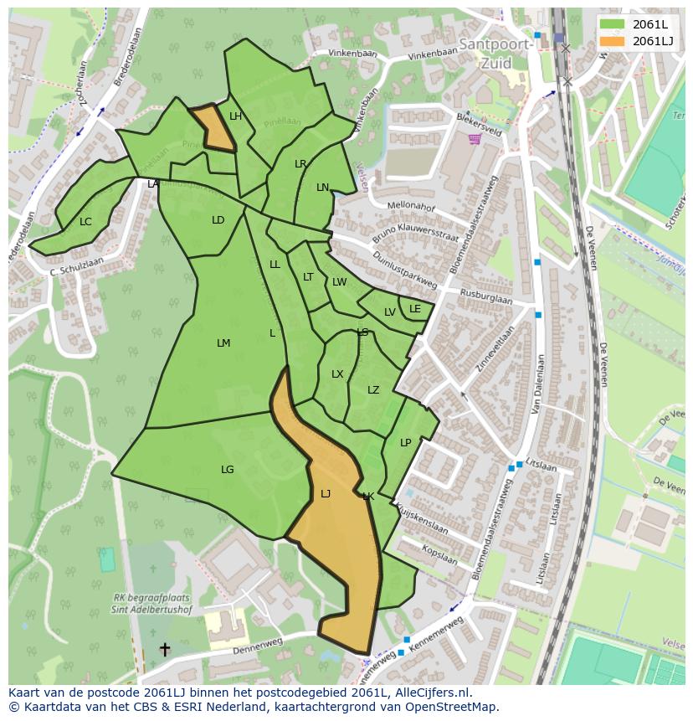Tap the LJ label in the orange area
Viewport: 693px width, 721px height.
tap(326, 494)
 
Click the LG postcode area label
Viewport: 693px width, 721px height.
tap(228, 470)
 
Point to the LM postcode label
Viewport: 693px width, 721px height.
tap(223, 343)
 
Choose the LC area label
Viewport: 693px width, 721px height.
tap(85, 222)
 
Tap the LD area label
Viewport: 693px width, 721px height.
tap(218, 220)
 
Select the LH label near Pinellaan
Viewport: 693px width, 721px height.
tap(236, 116)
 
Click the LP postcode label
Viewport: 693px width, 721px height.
tap(406, 443)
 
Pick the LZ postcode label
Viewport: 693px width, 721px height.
tap(373, 390)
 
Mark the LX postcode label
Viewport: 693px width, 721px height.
tap(337, 374)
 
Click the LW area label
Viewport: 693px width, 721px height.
tap(339, 282)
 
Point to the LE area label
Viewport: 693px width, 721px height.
tap(415, 309)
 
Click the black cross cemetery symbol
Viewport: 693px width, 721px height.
tap(165, 649)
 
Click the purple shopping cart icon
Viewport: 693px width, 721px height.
tap(475, 139)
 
